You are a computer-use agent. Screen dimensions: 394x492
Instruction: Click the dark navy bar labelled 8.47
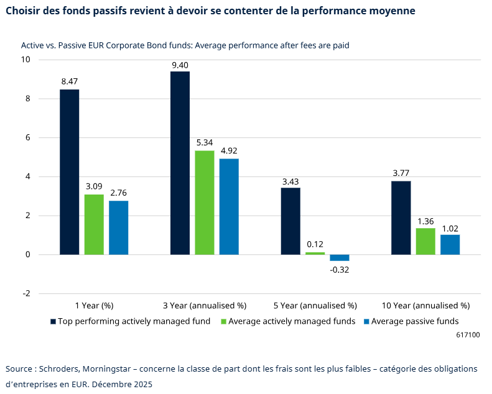pyautogui.click(x=69, y=172)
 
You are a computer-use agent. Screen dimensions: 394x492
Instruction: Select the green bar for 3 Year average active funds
pyautogui.click(x=204, y=203)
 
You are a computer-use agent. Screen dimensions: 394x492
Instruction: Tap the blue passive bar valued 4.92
pyautogui.click(x=229, y=206)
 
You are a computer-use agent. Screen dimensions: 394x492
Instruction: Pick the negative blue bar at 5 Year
pyautogui.click(x=340, y=258)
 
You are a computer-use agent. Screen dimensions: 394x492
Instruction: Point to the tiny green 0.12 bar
pyautogui.click(x=315, y=253)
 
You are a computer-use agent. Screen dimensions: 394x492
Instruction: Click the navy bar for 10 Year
pyautogui.click(x=401, y=218)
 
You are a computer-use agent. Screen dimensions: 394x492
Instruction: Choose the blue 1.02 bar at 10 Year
pyautogui.click(x=450, y=244)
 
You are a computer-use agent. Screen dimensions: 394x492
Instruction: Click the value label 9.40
pyautogui.click(x=180, y=65)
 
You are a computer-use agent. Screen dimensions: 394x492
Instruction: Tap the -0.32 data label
pyautogui.click(x=340, y=269)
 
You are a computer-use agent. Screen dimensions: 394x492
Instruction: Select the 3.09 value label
pyautogui.click(x=93, y=186)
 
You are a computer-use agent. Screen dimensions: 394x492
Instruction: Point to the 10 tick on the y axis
pyautogui.click(x=26, y=60)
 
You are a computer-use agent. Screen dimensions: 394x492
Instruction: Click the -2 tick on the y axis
pyautogui.click(x=26, y=294)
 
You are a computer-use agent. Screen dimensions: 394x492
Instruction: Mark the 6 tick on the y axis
pyautogui.click(x=27, y=138)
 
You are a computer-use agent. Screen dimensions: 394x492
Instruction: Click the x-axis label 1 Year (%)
pyautogui.click(x=94, y=306)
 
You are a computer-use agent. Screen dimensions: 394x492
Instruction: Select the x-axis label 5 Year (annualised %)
pyautogui.click(x=315, y=306)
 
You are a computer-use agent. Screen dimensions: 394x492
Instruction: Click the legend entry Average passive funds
pyautogui.click(x=415, y=321)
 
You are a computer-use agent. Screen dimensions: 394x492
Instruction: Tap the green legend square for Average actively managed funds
pyautogui.click(x=224, y=321)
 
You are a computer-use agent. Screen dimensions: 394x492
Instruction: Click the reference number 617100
pyautogui.click(x=468, y=334)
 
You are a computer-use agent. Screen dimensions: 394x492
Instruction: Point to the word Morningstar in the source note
pyautogui.click(x=106, y=369)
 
